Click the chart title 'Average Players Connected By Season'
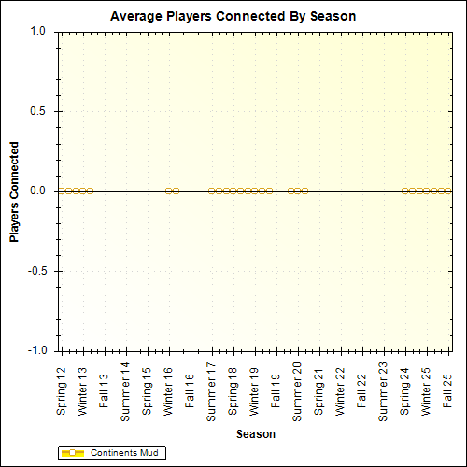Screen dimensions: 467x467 (233, 16)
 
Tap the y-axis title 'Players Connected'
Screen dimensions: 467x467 (15, 191)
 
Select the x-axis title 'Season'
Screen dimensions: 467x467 (255, 433)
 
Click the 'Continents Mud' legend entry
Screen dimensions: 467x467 (122, 453)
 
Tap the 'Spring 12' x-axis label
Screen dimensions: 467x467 (62, 393)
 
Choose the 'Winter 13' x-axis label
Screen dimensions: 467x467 (83, 393)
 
